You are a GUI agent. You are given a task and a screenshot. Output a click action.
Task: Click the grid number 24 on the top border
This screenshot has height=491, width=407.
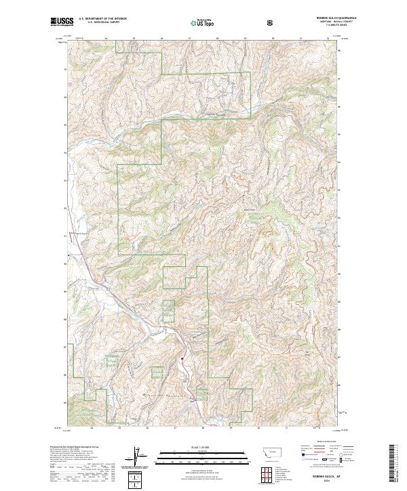pos(107,39)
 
